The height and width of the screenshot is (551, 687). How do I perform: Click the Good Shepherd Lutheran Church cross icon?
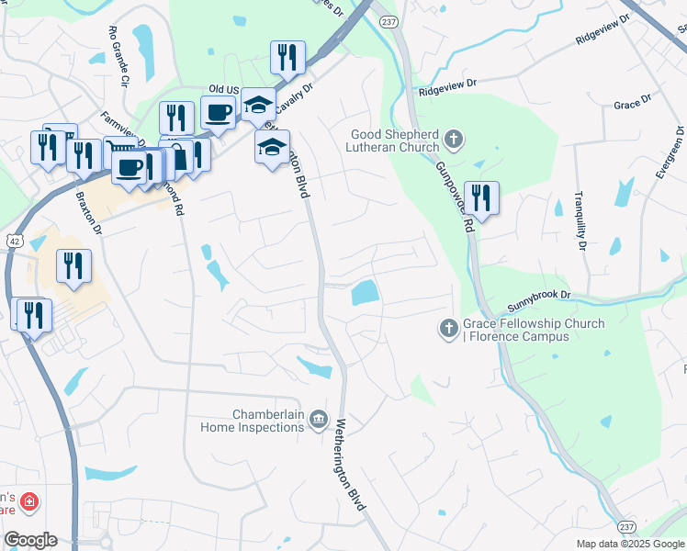coord(452,140)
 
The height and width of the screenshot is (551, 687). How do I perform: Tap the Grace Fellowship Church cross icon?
coord(448,328)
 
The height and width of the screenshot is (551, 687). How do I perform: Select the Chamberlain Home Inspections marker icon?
coord(318,420)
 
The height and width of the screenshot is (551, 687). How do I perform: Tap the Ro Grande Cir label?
coord(118,56)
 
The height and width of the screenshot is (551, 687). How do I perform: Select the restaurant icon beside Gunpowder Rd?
coord(480,197)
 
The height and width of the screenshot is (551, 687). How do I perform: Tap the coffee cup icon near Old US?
coord(218,114)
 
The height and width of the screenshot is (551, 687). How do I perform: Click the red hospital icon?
coord(29,501)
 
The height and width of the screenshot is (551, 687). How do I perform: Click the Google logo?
coord(30,540)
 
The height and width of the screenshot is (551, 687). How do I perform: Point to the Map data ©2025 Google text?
coord(629,544)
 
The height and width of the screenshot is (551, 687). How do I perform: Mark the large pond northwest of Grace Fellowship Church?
coord(365,293)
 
